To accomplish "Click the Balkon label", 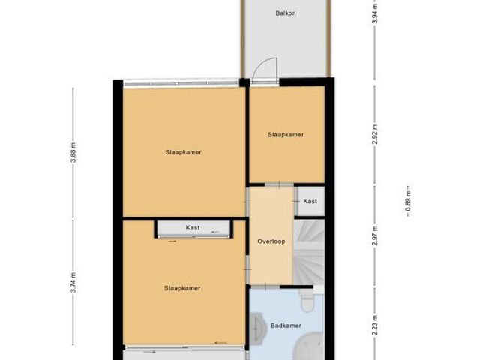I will pyautogui.click(x=285, y=13).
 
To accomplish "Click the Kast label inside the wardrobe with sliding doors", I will pyautogui.click(x=193, y=227).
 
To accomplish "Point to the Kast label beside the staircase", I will pyautogui.click(x=310, y=201).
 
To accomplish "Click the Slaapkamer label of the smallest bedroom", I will pyautogui.click(x=286, y=135).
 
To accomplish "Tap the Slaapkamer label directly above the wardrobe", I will pyautogui.click(x=184, y=151).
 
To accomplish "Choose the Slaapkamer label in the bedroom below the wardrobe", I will pyautogui.click(x=184, y=287).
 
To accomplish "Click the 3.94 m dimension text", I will pyautogui.click(x=374, y=14).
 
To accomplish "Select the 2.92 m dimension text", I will pyautogui.click(x=374, y=133).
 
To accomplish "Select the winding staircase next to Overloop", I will pyautogui.click(x=309, y=251).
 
